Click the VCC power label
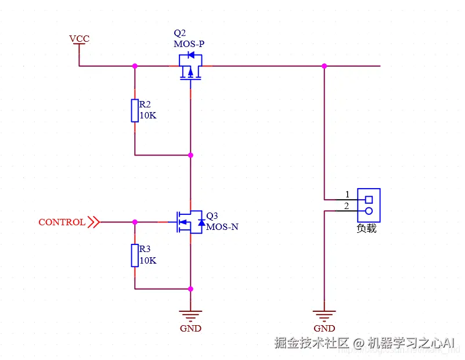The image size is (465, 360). coord(79,39)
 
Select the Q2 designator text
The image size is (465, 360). coord(180,33)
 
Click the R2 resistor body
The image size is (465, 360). coord(135,110)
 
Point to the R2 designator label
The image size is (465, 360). coord(145,105)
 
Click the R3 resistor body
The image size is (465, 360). coord(135,255)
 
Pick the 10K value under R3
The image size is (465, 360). coord(148,261)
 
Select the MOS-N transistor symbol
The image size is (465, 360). coord(190,222)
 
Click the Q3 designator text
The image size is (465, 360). coord(212,215)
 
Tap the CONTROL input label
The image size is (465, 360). coord(62,222)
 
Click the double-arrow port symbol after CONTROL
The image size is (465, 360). coord(93,222)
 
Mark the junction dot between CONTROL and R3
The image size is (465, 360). coord(135,222)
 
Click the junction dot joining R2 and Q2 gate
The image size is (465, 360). coord(190,155)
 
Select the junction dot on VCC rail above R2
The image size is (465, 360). coord(135,66)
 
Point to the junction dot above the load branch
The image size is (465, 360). coord(325,66)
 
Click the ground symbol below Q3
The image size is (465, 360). coord(190,316)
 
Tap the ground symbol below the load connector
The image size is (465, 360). coord(325,316)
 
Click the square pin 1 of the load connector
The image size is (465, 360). coord(368,200)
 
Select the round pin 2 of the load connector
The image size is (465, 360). coord(368,211)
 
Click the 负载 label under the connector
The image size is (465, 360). coord(367,228)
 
